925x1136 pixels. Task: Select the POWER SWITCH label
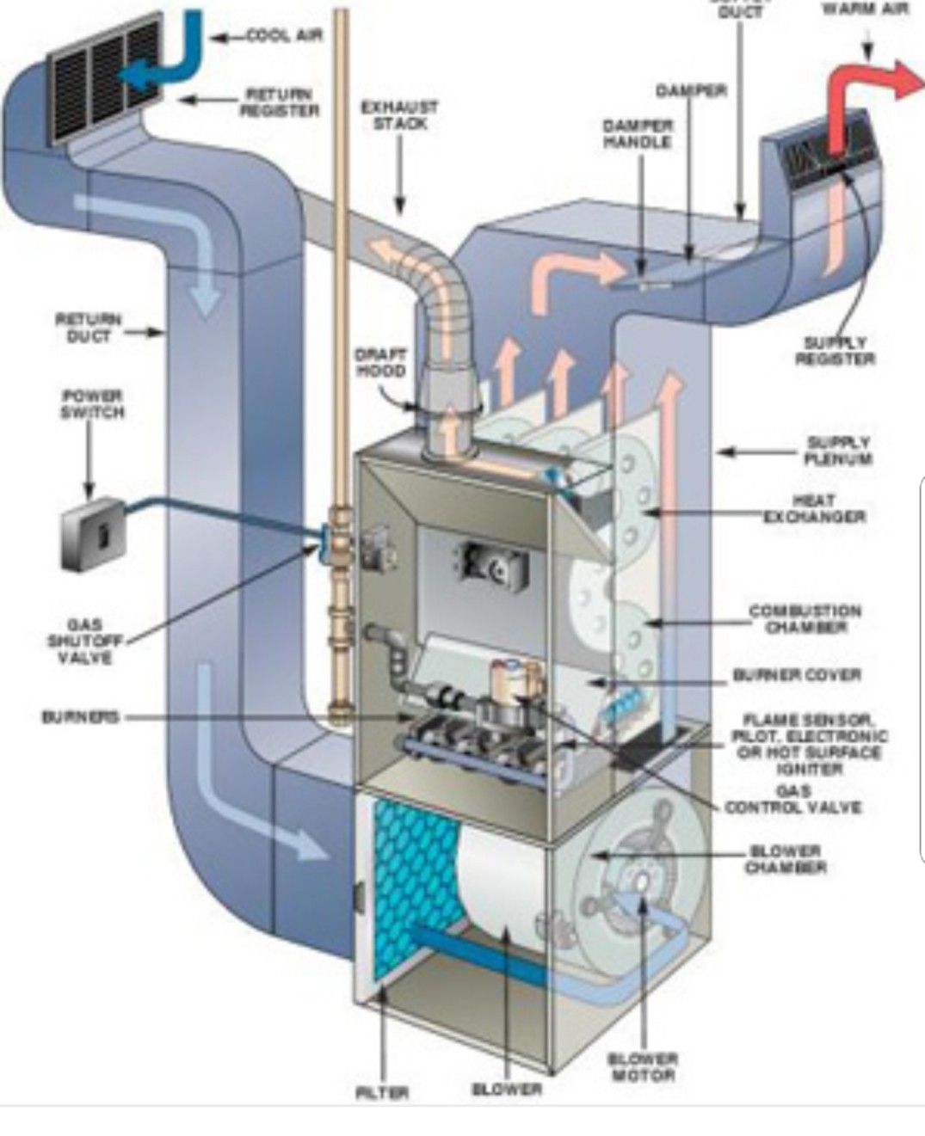click(x=91, y=404)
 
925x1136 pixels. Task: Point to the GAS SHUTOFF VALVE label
click(x=84, y=641)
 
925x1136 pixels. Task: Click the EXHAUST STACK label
click(x=398, y=115)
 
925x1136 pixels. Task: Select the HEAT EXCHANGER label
click(x=814, y=507)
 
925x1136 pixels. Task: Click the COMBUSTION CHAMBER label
click(x=805, y=619)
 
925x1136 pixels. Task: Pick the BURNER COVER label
click(x=797, y=675)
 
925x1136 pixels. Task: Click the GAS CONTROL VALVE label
click(x=792, y=799)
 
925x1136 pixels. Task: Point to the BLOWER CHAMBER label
click(x=786, y=859)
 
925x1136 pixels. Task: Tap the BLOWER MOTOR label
click(x=644, y=1066)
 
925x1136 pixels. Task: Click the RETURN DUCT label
click(x=88, y=328)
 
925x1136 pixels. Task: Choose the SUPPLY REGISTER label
click(x=834, y=351)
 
